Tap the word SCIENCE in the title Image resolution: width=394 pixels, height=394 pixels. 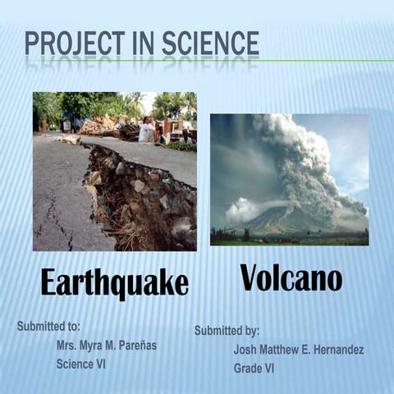[x=207, y=44]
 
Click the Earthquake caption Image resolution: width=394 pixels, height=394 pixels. [x=115, y=283]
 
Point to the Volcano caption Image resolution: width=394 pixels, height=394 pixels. [x=291, y=278]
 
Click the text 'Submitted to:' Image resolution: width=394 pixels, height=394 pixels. [x=48, y=327]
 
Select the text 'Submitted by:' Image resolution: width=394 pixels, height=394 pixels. [x=227, y=331]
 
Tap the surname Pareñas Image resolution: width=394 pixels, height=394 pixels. [x=134, y=346]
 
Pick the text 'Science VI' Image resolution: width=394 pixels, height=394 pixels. [x=81, y=363]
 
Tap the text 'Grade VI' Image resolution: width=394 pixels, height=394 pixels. [x=254, y=369]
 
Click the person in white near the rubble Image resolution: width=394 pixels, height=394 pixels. [x=146, y=129]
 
